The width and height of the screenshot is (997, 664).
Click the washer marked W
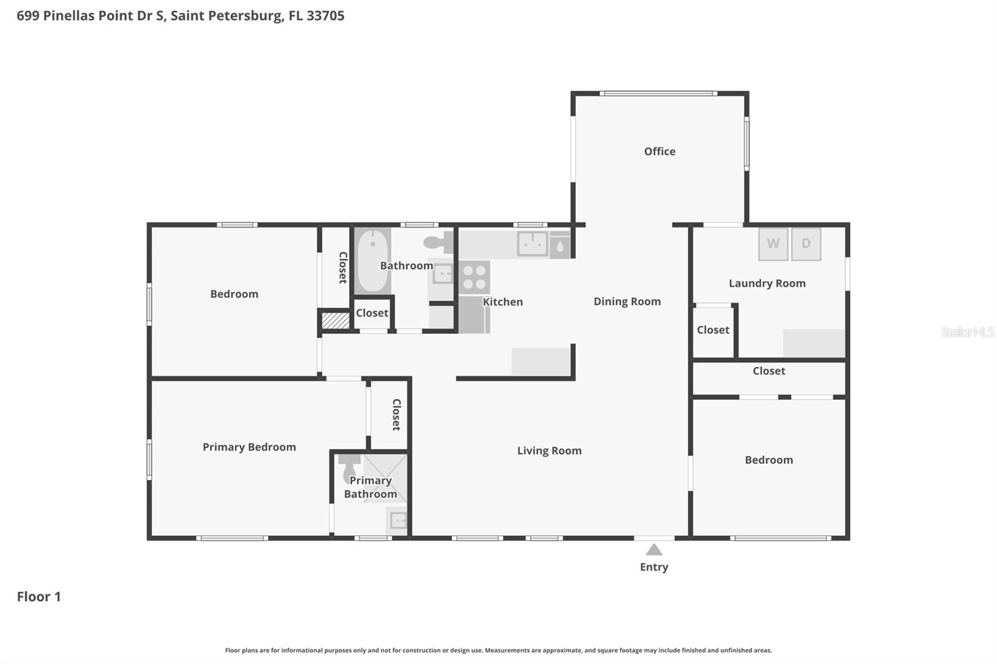point(773,244)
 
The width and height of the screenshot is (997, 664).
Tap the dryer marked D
point(806,244)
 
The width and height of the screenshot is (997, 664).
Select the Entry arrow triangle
point(654,550)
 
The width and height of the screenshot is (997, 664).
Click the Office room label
point(659,151)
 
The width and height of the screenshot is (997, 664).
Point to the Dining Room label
point(627,301)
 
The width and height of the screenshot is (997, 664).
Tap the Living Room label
point(549,450)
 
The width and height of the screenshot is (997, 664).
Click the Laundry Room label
point(767,283)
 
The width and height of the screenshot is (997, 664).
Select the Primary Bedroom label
point(249,447)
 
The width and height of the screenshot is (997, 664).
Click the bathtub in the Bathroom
point(373,261)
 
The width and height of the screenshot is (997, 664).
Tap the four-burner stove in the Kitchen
point(475,278)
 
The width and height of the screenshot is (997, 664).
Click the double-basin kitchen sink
point(532,244)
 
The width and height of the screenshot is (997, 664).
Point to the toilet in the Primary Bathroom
point(350,467)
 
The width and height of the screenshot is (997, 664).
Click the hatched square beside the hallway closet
point(335,321)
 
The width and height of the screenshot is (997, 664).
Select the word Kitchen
point(503,302)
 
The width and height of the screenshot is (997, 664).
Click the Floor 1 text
point(39,597)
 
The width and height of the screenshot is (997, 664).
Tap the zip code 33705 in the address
point(325,16)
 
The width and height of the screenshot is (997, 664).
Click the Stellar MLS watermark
point(967,332)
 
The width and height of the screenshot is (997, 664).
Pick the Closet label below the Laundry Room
point(768,371)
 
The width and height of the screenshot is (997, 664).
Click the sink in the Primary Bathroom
point(398,520)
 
